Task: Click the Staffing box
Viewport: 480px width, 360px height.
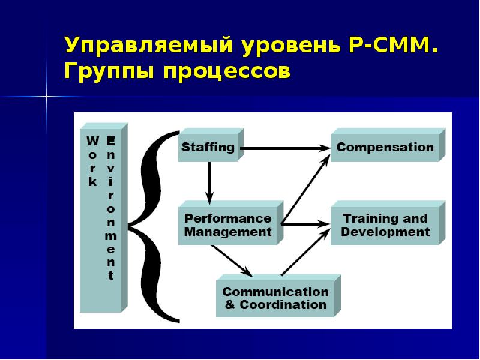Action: [208, 147]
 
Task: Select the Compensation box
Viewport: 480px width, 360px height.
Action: [385, 147]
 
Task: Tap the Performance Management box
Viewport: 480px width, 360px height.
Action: [228, 225]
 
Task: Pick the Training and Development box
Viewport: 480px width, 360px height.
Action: [385, 225]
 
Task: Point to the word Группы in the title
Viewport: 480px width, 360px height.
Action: [108, 71]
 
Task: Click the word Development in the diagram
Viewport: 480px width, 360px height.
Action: [385, 232]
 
